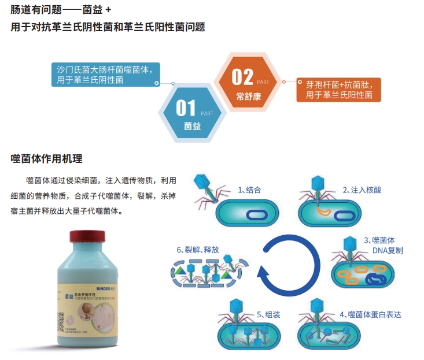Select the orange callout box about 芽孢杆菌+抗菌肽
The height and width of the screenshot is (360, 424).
point(338,90)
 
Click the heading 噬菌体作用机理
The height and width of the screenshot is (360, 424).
point(46,158)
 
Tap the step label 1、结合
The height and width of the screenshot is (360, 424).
point(249,190)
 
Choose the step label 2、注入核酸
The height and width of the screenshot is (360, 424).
point(362,190)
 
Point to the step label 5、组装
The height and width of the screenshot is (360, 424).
point(268,314)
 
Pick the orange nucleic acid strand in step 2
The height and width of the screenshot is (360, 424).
point(325,211)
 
